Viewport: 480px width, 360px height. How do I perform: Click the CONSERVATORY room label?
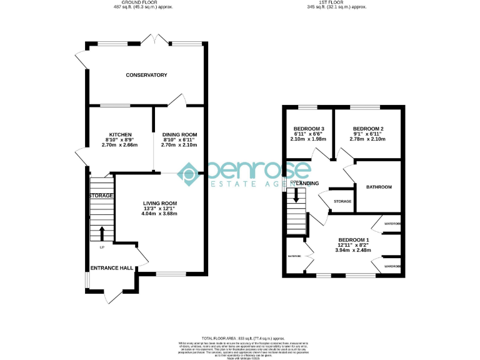click(x=146, y=75)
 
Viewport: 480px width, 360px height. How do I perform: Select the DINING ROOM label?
click(x=179, y=134)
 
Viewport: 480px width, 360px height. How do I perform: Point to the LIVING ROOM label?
click(x=160, y=203)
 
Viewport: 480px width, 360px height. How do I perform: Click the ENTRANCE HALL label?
click(x=112, y=267)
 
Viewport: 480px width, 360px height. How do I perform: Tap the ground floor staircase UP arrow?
click(x=102, y=234)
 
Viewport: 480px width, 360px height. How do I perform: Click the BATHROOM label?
click(x=379, y=187)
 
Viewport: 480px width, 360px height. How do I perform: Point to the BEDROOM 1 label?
click(x=354, y=240)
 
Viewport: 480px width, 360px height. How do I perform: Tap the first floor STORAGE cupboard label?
click(x=342, y=201)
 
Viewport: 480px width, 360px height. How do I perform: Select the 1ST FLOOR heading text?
click(x=341, y=3)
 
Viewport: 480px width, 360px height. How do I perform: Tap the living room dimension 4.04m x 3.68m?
click(x=160, y=214)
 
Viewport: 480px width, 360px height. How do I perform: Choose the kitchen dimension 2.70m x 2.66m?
click(x=119, y=145)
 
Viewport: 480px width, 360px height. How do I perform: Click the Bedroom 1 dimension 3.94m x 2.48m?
click(x=354, y=250)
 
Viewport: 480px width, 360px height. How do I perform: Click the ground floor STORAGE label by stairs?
click(x=101, y=196)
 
